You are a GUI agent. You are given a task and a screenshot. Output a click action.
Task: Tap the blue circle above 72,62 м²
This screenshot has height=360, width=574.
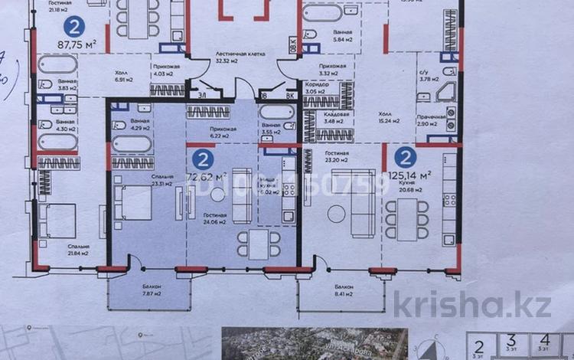click(x=203, y=160)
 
